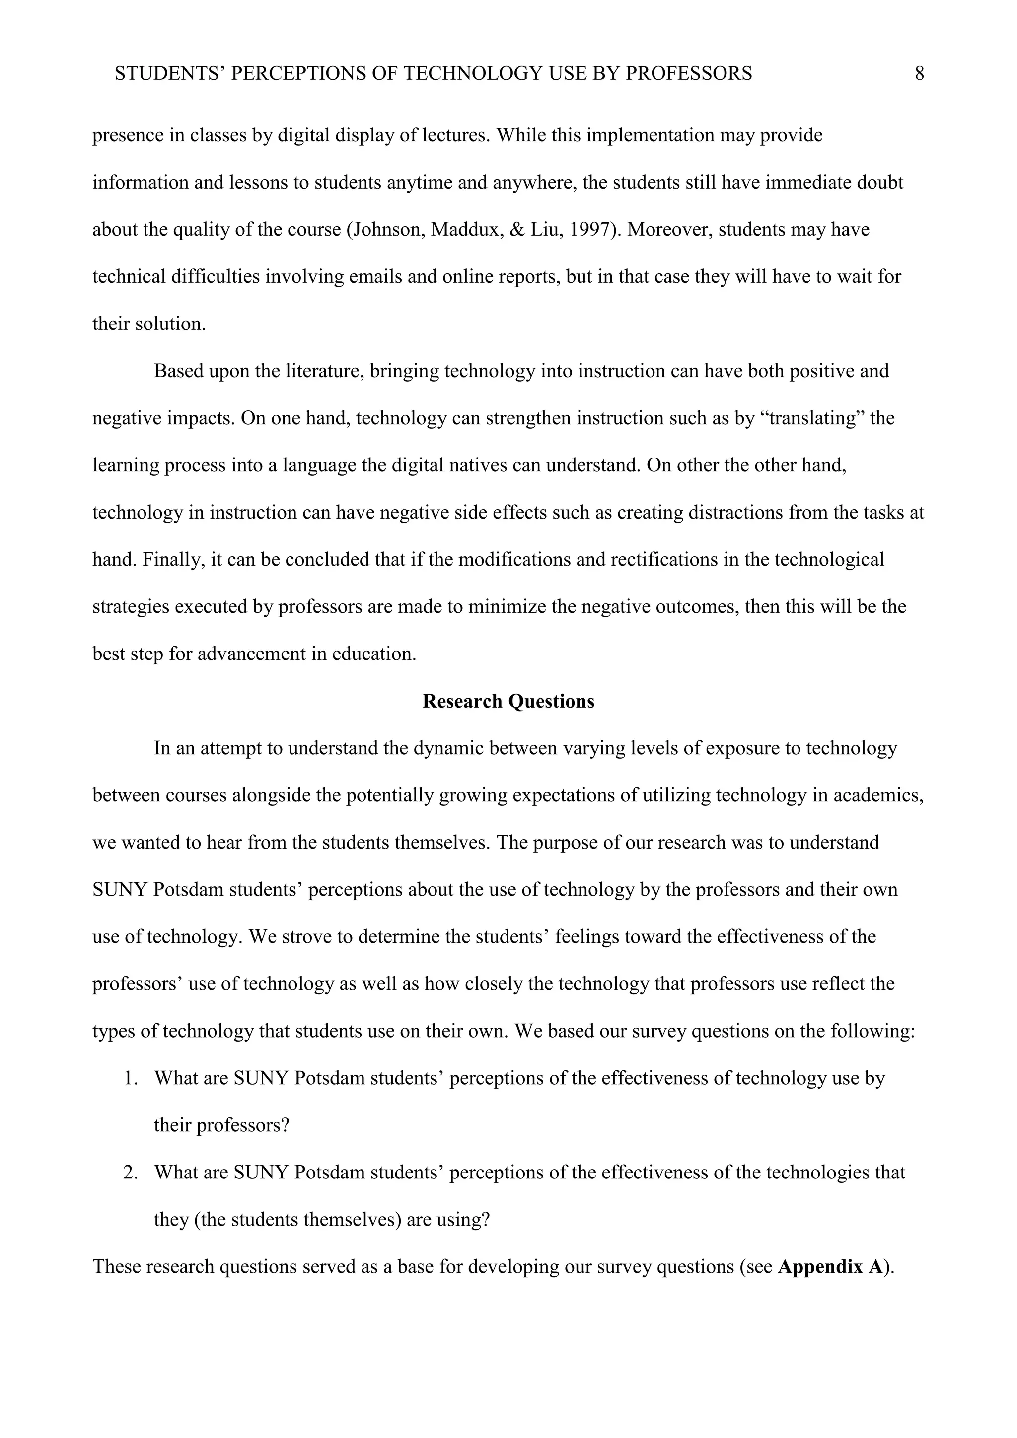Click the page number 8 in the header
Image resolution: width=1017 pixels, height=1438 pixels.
[919, 74]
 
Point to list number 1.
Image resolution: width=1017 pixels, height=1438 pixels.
[130, 1079]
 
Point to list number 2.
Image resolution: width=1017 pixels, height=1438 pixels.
[130, 1173]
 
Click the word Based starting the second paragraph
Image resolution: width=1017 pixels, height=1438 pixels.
[179, 371]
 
